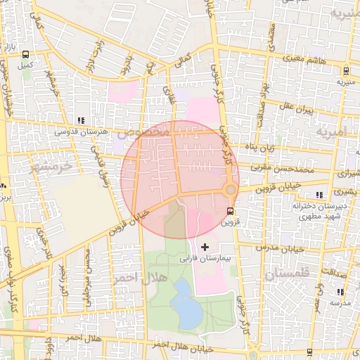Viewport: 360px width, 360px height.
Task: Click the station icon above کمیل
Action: (26, 54)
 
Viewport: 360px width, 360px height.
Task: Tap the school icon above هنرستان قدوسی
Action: (82, 120)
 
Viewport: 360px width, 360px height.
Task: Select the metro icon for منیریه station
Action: (346, 70)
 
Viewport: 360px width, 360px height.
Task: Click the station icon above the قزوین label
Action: (231, 211)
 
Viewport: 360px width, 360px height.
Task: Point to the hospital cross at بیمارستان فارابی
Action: (205, 246)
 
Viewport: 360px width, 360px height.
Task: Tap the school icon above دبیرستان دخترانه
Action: (320, 195)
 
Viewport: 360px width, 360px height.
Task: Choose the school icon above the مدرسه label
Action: (340, 292)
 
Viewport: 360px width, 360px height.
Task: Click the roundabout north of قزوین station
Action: (230, 190)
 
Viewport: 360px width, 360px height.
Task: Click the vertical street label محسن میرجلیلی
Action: (89, 278)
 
